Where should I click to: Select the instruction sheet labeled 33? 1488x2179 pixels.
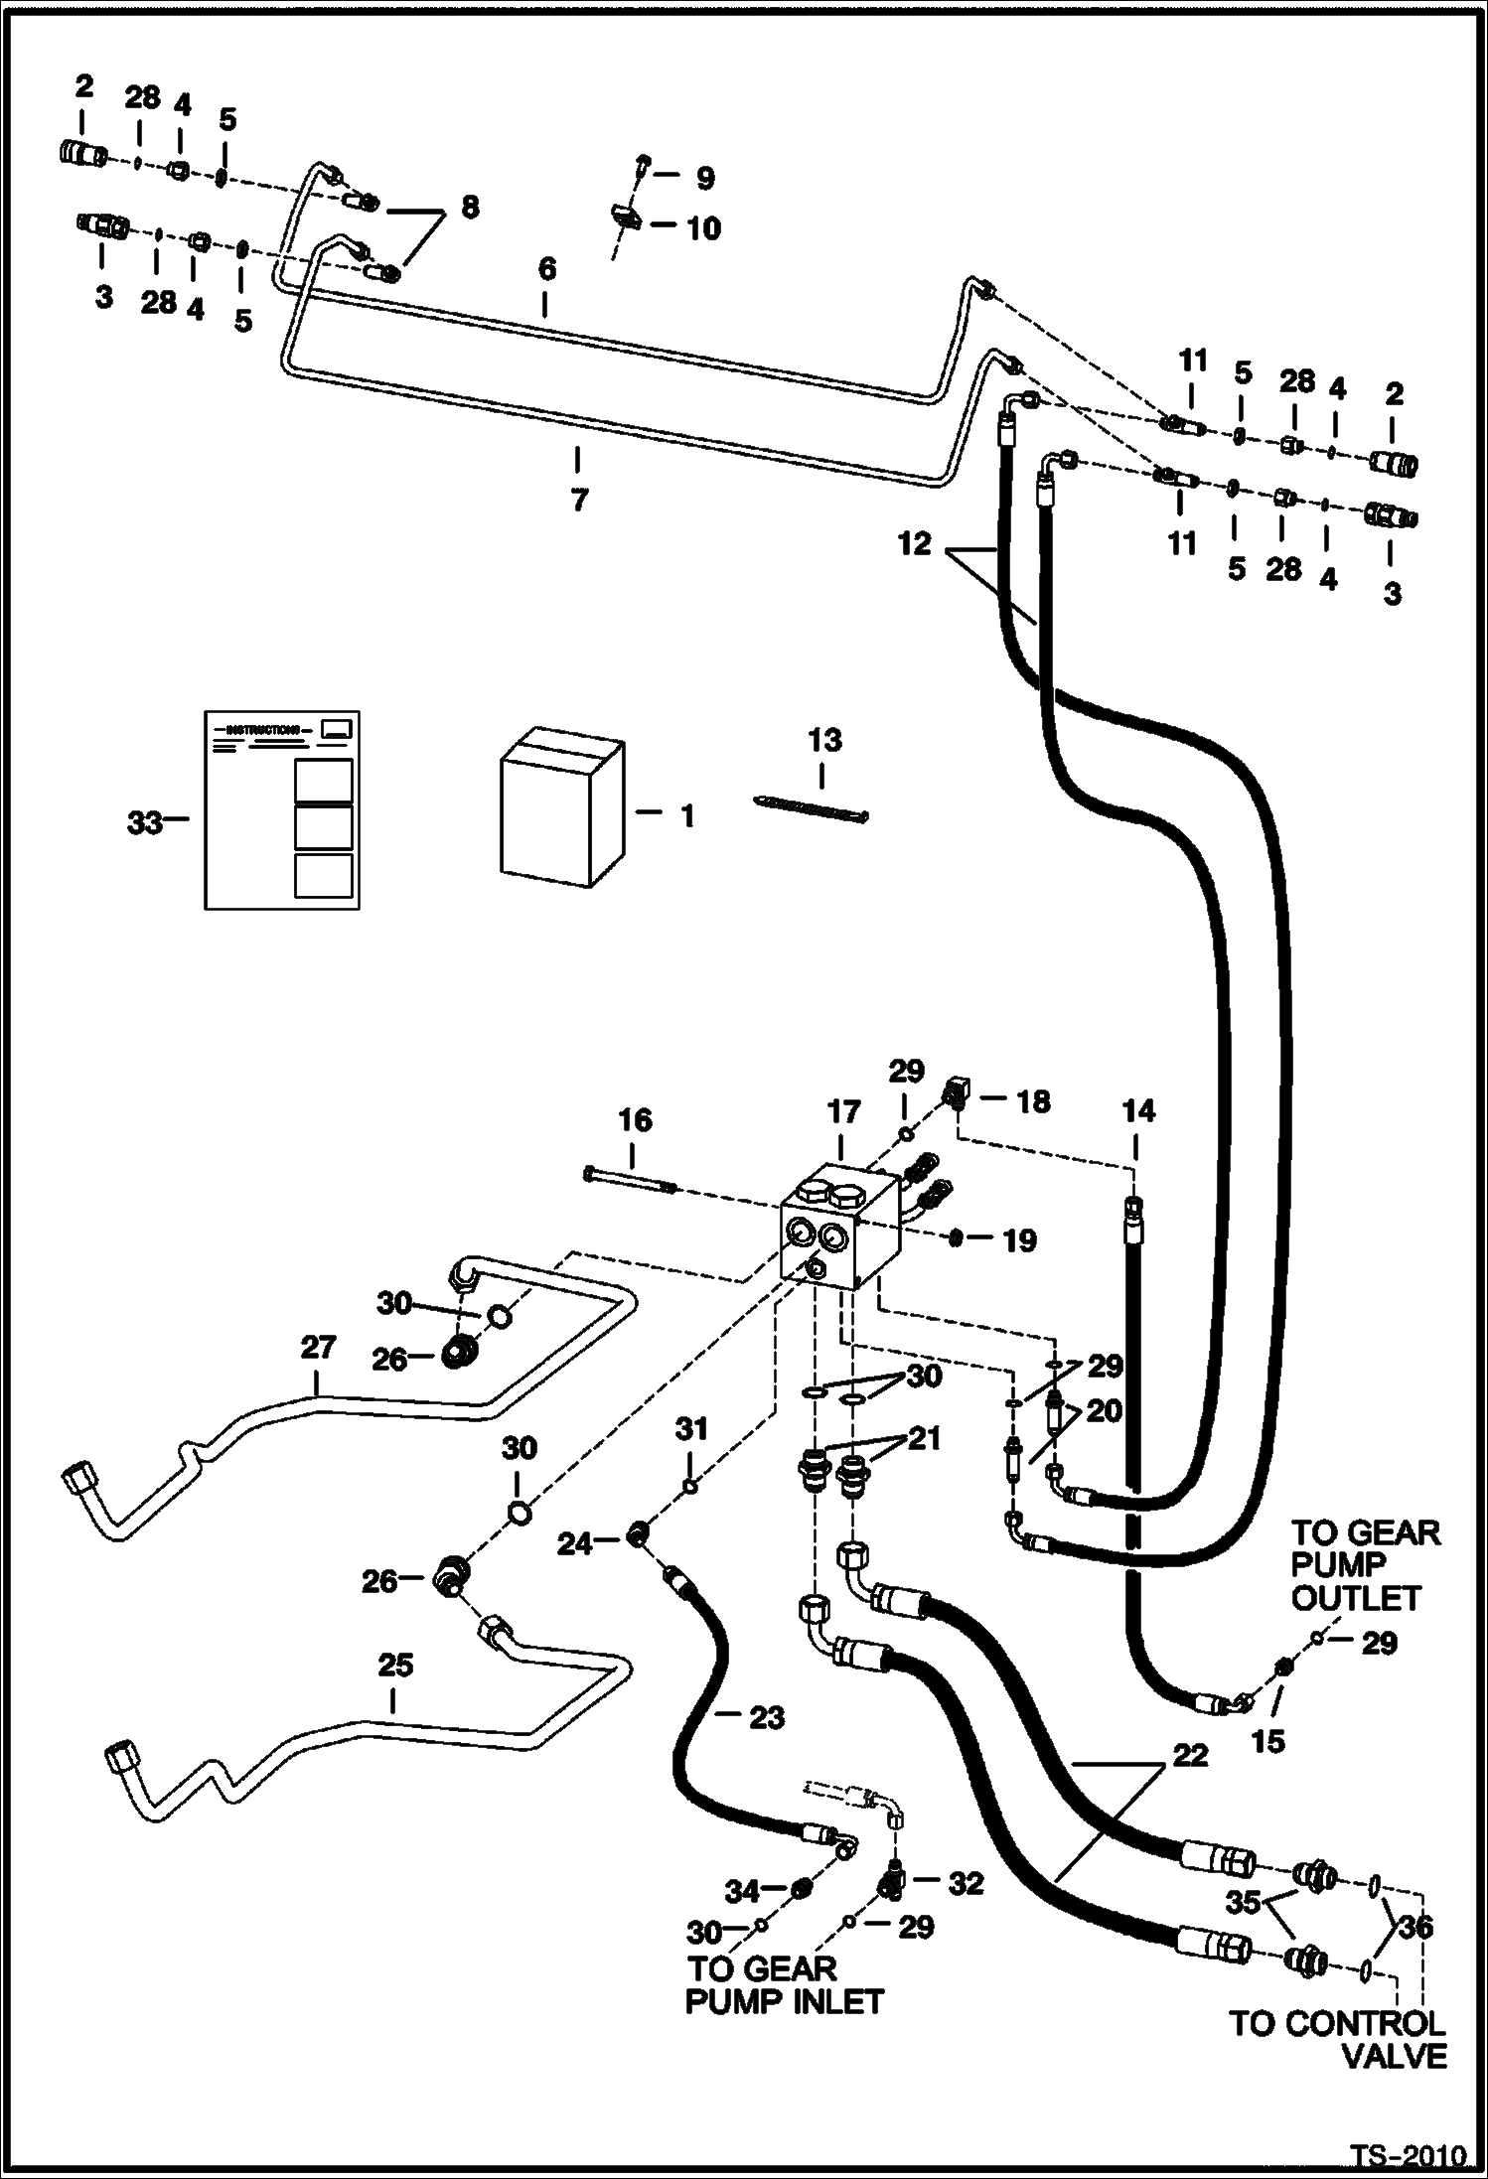click(x=282, y=809)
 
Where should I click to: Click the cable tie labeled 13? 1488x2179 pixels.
click(x=812, y=806)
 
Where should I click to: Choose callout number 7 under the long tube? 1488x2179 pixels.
click(x=579, y=500)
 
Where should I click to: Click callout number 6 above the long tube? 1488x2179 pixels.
click(x=546, y=269)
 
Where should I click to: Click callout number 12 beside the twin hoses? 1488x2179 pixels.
click(x=915, y=543)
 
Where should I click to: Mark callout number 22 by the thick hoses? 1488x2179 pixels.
click(x=1190, y=1755)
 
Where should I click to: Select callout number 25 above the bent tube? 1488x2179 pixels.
click(x=395, y=1665)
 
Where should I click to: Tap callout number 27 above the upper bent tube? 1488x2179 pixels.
click(x=318, y=1348)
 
